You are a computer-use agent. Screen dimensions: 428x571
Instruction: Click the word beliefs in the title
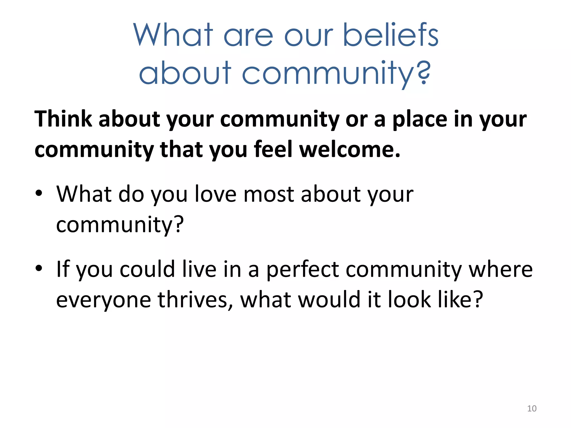(391, 35)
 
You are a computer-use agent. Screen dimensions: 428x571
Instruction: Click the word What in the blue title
(173, 35)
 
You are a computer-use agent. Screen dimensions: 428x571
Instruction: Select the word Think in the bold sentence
(63, 119)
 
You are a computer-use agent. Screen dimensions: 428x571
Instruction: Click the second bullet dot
(39, 268)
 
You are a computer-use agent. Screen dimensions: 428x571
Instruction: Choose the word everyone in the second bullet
(103, 300)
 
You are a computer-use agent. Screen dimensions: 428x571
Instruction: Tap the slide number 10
(532, 408)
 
